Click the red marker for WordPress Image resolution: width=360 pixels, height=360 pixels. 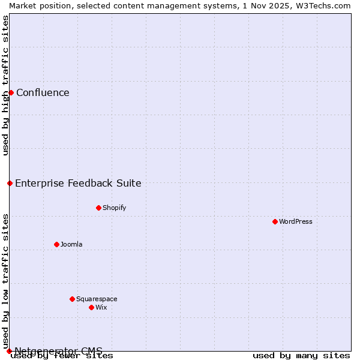click(x=275, y=221)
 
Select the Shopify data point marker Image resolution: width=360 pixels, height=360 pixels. click(x=98, y=208)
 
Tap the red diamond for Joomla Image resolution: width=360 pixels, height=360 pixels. click(x=56, y=244)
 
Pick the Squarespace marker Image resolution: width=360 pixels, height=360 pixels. click(x=72, y=299)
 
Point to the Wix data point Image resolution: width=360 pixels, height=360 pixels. click(x=91, y=307)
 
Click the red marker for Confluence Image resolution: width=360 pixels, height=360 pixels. click(x=11, y=92)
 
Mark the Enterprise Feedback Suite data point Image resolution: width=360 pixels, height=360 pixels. click(x=10, y=183)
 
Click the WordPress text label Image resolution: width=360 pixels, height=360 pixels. click(x=296, y=221)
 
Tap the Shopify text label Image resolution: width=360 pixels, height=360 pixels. click(x=114, y=208)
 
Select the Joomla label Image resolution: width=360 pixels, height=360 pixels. click(x=71, y=244)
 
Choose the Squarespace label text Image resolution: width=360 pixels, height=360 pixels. click(x=97, y=299)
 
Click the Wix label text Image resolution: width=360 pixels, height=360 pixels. click(x=101, y=307)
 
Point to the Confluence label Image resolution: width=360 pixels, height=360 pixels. click(x=43, y=92)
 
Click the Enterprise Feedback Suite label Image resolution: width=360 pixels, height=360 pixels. click(x=78, y=183)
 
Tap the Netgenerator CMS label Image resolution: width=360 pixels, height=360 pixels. click(x=58, y=350)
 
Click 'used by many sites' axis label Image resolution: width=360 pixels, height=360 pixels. click(x=301, y=355)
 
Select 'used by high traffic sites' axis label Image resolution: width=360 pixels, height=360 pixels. click(x=5, y=85)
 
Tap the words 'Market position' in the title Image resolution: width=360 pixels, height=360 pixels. click(x=37, y=5)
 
